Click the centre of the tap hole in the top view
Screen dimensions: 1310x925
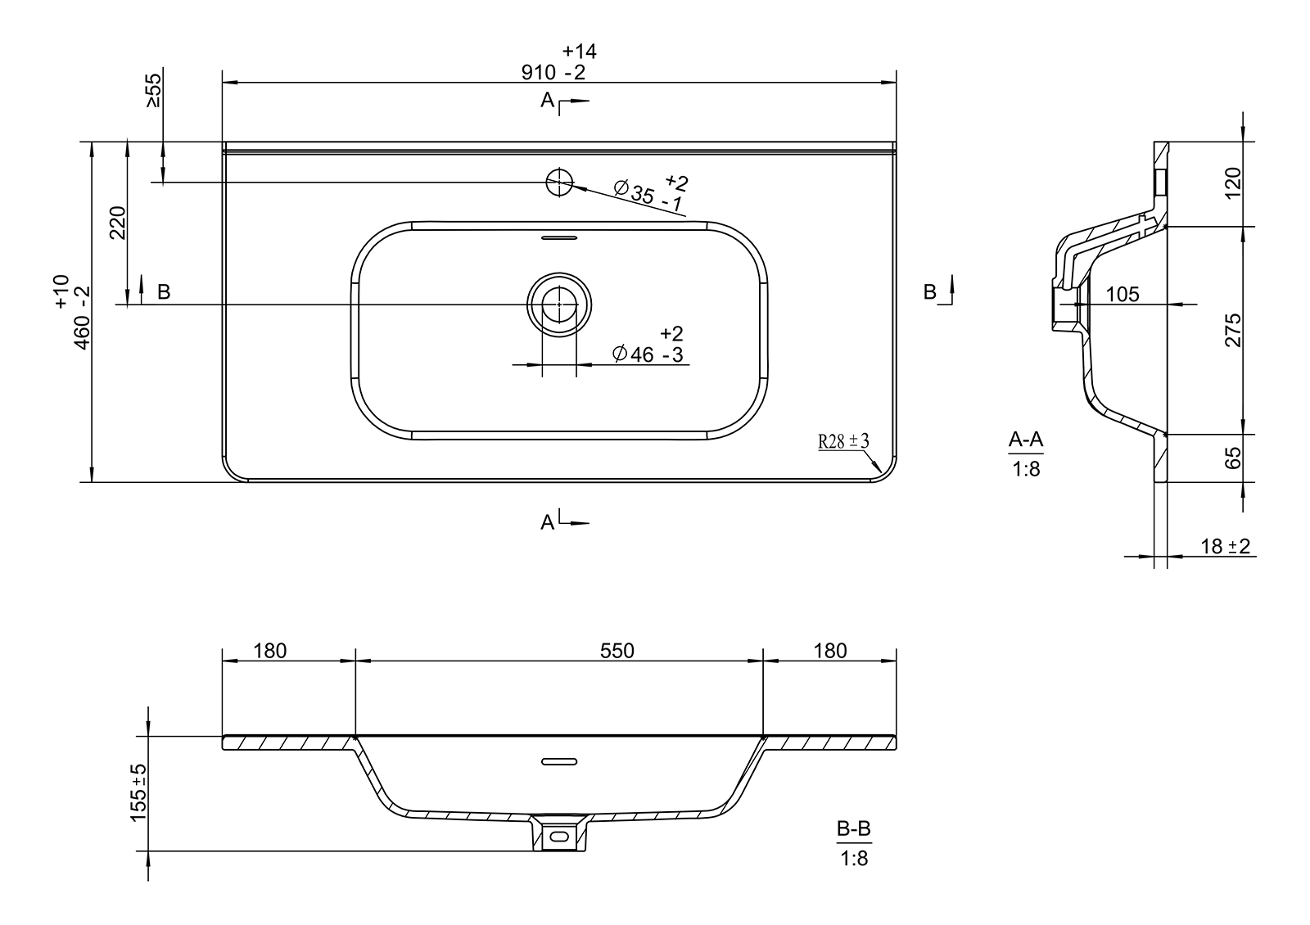point(559,182)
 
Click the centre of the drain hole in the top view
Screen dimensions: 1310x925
point(559,305)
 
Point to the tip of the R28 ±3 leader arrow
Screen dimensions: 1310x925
point(881,472)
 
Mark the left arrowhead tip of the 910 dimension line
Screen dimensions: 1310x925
point(223,83)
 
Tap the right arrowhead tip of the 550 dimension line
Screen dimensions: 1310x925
point(762,661)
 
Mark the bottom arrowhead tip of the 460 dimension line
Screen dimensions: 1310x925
point(91,482)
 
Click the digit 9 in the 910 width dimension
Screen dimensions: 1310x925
point(527,73)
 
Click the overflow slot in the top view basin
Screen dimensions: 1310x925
point(559,238)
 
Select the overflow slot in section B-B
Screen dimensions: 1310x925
point(559,761)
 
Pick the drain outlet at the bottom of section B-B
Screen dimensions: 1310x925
point(559,834)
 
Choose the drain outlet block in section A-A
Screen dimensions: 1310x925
point(1064,309)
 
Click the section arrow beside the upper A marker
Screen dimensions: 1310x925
point(574,102)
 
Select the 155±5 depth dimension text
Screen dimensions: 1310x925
point(139,793)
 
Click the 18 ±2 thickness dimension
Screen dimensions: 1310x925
point(1225,546)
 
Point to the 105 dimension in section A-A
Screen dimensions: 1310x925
point(1123,294)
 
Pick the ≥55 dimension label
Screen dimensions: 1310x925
point(152,90)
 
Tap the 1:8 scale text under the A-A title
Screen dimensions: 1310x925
point(1026,469)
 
